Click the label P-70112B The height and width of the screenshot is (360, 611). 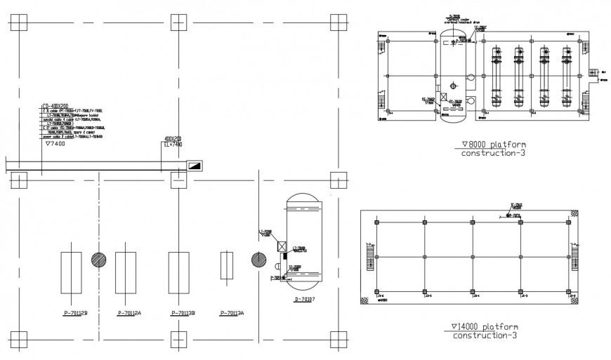point(74,313)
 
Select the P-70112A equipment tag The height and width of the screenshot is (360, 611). point(130,313)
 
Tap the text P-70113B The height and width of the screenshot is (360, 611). point(183,313)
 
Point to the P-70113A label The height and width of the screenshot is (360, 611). point(232,313)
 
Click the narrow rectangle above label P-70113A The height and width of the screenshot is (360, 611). point(226,266)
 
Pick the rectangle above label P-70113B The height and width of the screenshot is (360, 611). point(178,272)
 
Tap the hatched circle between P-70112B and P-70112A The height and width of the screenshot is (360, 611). point(99,259)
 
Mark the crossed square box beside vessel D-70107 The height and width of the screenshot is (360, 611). point(282,246)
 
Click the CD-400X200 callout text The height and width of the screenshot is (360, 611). point(56,105)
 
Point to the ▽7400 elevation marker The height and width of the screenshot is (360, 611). point(55,144)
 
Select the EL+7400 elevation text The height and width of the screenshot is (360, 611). point(173,145)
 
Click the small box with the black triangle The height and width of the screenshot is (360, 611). point(194,166)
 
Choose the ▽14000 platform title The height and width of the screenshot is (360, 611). point(485,327)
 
